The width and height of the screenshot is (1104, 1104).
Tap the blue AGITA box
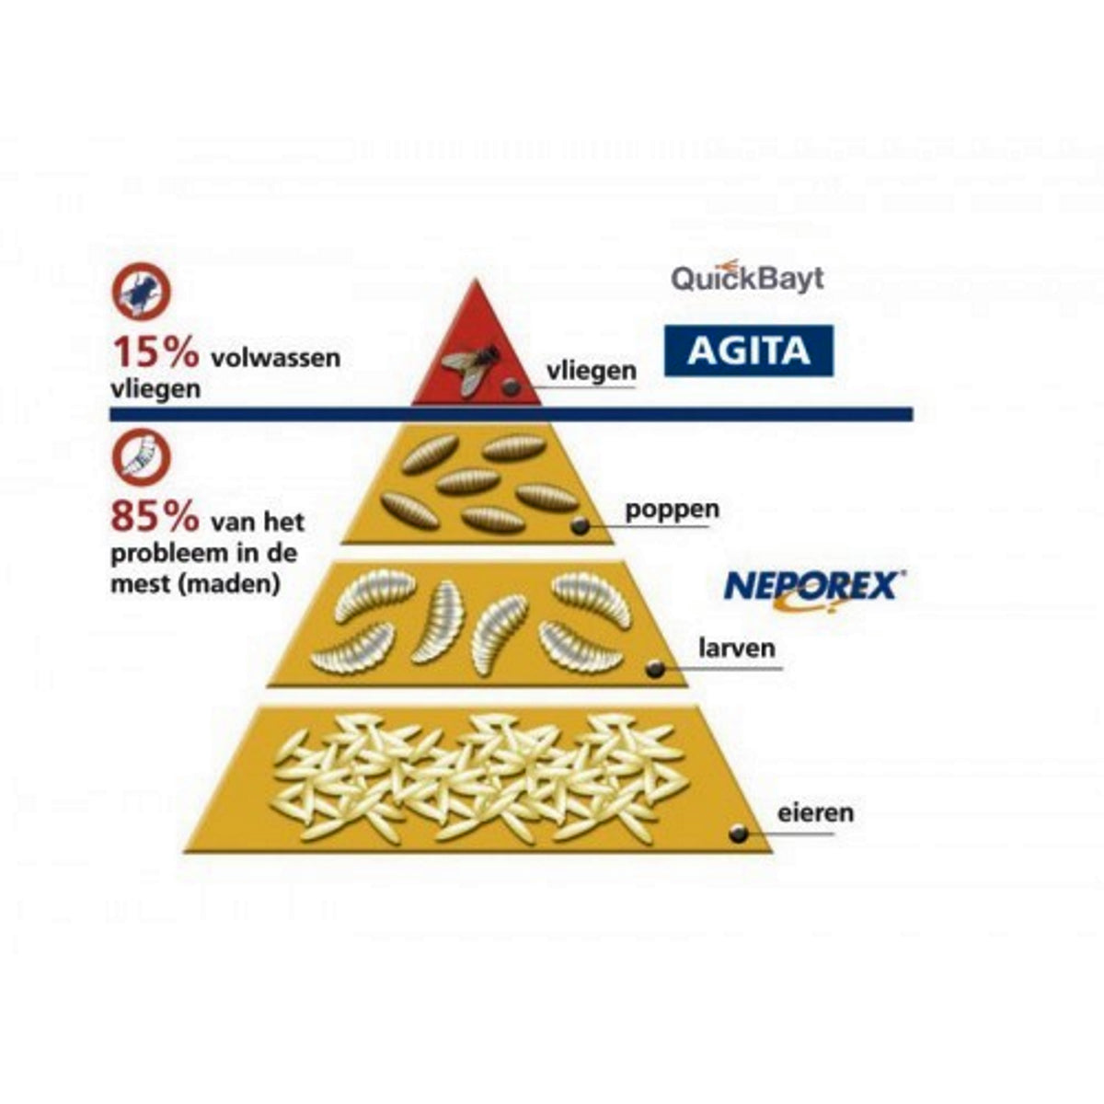pyautogui.click(x=749, y=351)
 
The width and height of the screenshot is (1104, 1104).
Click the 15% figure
pyautogui.click(x=155, y=352)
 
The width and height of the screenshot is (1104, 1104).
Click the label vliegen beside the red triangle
pyautogui.click(x=591, y=371)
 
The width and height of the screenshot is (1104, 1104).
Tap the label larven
pyautogui.click(x=736, y=648)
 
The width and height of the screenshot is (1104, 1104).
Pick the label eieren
pyautogui.click(x=815, y=812)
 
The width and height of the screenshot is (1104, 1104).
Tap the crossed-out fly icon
pyautogui.click(x=141, y=291)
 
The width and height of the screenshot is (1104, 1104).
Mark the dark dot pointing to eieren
pyautogui.click(x=737, y=834)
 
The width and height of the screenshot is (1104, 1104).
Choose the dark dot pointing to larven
pyautogui.click(x=654, y=670)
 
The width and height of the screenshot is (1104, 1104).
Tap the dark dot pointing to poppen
pyautogui.click(x=580, y=526)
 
